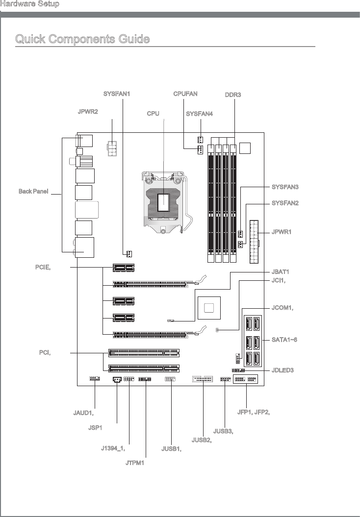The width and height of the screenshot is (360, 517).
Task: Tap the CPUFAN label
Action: (x=186, y=93)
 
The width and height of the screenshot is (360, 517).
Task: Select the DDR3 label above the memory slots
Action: (x=233, y=94)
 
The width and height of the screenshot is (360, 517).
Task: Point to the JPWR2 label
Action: (x=88, y=112)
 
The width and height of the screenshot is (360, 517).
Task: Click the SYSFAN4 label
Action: (x=200, y=114)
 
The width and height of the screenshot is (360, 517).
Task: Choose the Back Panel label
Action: (x=33, y=191)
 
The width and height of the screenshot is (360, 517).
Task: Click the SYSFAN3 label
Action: (x=285, y=187)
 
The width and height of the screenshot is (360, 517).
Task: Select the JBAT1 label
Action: (x=281, y=271)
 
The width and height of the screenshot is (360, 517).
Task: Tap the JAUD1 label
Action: (x=80, y=413)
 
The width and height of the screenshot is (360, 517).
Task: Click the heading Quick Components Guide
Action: (x=82, y=39)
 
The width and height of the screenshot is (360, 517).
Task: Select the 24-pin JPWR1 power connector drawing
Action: (x=254, y=241)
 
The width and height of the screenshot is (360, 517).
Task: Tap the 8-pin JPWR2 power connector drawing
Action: (x=112, y=148)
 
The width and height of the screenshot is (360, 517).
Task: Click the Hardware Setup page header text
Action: (x=30, y=4)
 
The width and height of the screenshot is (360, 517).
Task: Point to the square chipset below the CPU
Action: (x=209, y=308)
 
